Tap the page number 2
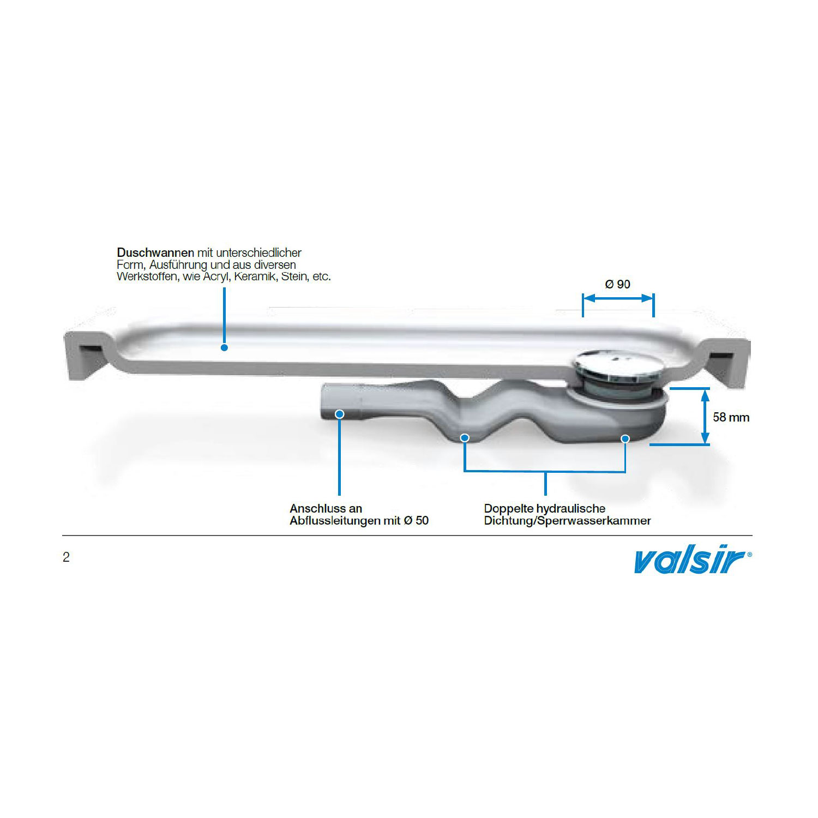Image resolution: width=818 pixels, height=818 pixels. (x=66, y=557)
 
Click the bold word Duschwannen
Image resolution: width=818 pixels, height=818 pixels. (x=155, y=252)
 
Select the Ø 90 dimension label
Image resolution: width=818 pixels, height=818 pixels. (x=618, y=284)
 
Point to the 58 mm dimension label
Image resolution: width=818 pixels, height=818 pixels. (x=731, y=417)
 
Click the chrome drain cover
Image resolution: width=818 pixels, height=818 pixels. (x=618, y=365)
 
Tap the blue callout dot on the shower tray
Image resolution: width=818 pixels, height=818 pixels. (x=224, y=347)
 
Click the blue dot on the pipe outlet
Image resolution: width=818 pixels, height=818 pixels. (x=339, y=414)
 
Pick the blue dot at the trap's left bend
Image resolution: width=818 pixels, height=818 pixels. (x=465, y=437)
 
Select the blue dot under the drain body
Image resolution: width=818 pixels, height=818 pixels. (x=625, y=438)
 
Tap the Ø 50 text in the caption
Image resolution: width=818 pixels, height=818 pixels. (x=416, y=520)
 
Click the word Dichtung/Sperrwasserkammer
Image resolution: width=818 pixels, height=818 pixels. (x=567, y=521)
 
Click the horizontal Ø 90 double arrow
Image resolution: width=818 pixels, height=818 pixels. (x=618, y=298)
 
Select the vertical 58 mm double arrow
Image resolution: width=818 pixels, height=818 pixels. (x=705, y=416)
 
